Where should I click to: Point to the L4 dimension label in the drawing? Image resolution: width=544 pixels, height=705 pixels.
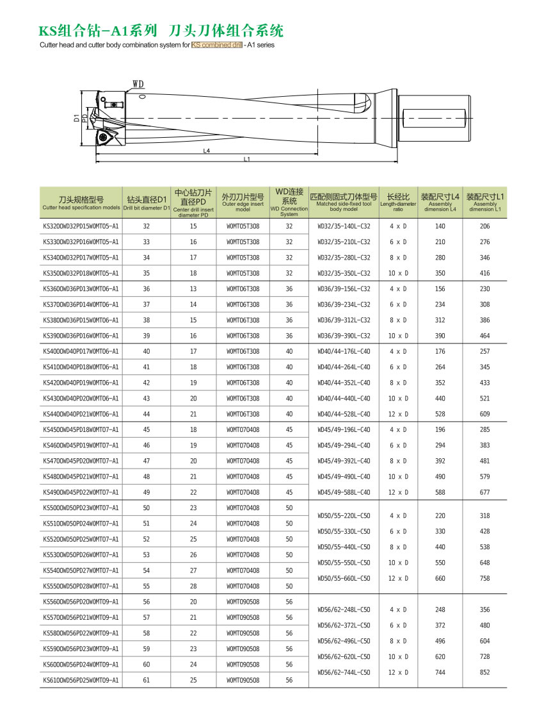(x=207, y=151)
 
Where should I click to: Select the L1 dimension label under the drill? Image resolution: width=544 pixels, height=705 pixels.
(x=246, y=159)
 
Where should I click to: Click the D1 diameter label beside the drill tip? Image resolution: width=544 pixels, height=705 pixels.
(x=76, y=118)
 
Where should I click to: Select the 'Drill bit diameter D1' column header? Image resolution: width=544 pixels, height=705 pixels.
(x=146, y=203)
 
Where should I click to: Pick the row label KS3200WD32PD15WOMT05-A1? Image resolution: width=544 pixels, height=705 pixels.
(x=81, y=226)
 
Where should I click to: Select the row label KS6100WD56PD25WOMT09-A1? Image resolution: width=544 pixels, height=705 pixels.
(x=81, y=680)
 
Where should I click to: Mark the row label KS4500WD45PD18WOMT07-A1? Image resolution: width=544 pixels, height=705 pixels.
(x=81, y=430)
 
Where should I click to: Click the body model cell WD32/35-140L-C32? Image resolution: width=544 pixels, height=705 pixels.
(x=344, y=226)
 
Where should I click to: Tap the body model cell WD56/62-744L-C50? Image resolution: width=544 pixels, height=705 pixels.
(x=344, y=672)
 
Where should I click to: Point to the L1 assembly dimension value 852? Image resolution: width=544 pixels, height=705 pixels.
(x=484, y=672)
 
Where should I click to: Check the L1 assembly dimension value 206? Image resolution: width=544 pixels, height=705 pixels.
(x=484, y=226)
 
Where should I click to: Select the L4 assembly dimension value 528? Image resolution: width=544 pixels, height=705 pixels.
(x=440, y=414)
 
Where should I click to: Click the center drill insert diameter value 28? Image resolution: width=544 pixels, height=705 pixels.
(x=193, y=586)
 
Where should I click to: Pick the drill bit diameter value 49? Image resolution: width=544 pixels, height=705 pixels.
(x=147, y=492)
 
